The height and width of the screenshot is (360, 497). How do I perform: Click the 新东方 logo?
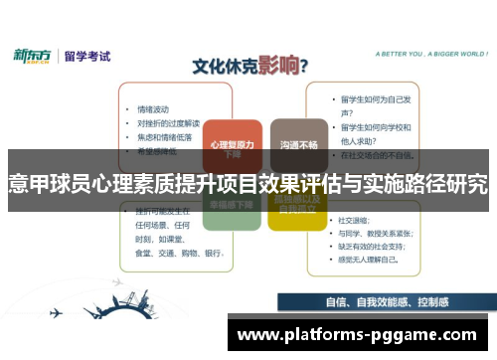click(36, 57)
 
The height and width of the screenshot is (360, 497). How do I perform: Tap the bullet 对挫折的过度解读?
click(167, 123)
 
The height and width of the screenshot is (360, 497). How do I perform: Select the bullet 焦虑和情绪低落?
click(164, 137)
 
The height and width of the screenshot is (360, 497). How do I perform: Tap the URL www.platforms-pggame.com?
click(358, 335)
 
